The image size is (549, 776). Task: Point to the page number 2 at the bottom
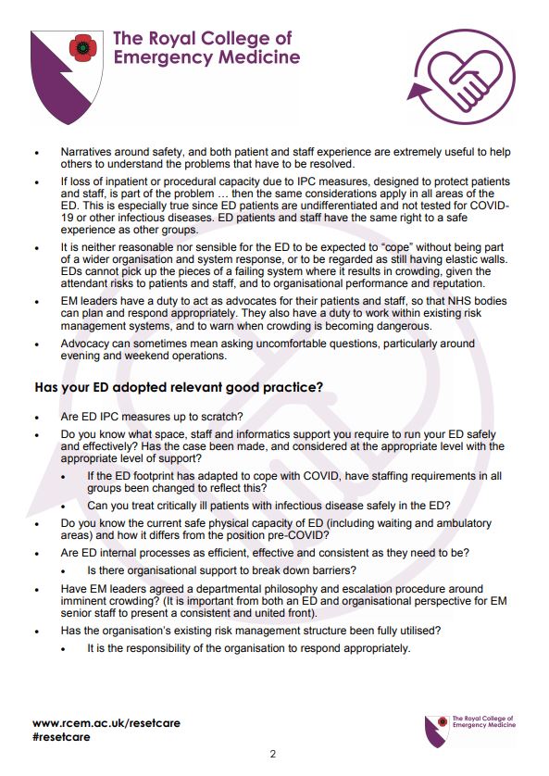point(273,754)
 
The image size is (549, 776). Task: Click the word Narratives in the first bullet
point(90,150)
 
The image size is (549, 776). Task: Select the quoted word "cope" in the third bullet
point(405,248)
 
